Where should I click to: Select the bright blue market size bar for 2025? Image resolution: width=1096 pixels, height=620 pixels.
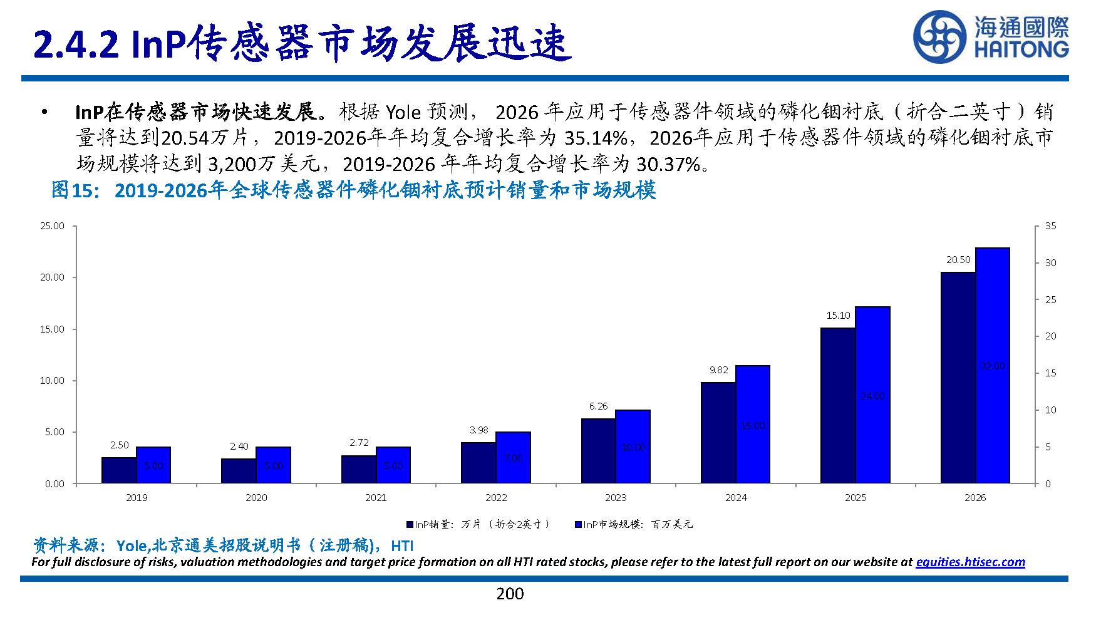[x=872, y=395]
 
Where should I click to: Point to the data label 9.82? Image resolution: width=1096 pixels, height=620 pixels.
[x=718, y=370]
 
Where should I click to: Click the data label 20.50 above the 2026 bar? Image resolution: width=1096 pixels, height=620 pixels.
[x=958, y=259]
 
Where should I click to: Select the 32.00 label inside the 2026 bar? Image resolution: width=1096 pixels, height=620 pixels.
[x=993, y=366]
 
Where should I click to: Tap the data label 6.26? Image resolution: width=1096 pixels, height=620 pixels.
[x=598, y=406]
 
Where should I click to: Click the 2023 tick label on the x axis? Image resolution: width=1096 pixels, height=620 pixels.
[x=616, y=498]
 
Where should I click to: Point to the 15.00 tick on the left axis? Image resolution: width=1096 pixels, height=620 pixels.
[x=53, y=329]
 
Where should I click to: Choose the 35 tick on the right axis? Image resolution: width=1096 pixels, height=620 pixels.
[x=1050, y=226]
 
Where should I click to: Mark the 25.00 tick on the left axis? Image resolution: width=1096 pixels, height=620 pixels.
[x=53, y=226]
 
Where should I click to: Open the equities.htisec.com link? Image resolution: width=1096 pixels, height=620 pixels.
[x=970, y=562]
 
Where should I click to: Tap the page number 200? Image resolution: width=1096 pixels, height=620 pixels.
[x=510, y=594]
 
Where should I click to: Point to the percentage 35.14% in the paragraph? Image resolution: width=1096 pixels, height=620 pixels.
[x=595, y=138]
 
